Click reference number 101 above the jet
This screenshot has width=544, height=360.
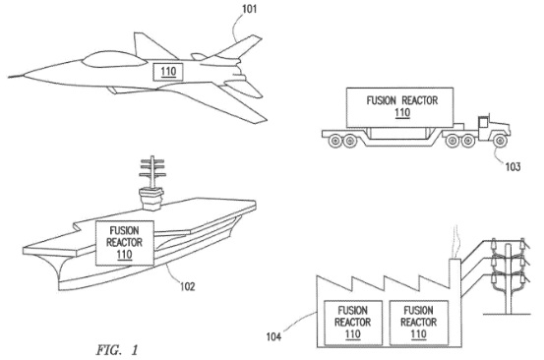coord(250,8)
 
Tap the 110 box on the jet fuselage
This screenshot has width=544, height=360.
coord(168,72)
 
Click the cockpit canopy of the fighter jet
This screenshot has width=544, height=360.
coord(113,59)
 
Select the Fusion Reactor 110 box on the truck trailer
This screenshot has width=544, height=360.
coord(399,107)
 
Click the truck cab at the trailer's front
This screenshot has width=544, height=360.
coord(493,128)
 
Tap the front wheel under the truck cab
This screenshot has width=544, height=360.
coord(500,141)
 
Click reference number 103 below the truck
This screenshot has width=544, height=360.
coord(513,167)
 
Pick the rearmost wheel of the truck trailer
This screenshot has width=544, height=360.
coord(334,141)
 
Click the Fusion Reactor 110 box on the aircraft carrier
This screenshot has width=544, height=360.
coord(125,243)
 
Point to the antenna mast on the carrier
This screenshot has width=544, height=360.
coord(151,172)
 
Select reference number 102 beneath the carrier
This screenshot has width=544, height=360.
coord(187,286)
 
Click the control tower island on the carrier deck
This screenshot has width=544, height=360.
coord(151,199)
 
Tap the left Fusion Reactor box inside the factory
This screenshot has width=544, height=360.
coord(352,323)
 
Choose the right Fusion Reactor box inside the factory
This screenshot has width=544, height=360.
coord(419,323)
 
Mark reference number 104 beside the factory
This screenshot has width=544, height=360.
coord(273,336)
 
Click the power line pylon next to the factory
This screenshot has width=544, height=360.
coord(508,277)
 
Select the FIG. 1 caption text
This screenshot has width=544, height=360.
coord(117,349)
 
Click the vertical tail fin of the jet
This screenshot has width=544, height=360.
coord(150,47)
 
